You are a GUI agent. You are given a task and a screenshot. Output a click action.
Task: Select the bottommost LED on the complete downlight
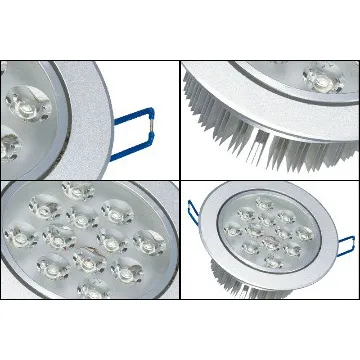270,268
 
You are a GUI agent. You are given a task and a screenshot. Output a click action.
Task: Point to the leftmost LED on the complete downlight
233,231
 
